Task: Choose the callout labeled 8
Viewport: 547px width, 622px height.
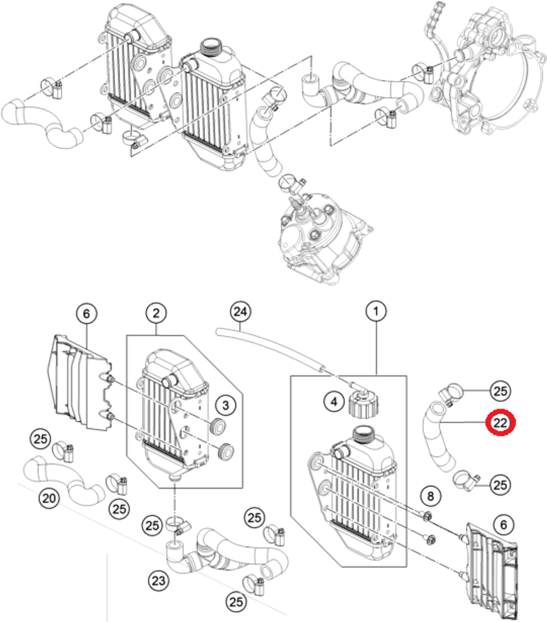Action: click(x=430, y=496)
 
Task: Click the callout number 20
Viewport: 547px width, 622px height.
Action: click(x=49, y=498)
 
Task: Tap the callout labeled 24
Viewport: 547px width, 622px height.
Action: click(x=241, y=312)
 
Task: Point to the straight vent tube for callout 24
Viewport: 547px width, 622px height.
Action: click(x=273, y=349)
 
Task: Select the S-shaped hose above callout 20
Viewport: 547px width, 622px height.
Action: click(x=63, y=478)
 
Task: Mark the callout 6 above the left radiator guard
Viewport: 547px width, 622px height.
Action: click(x=86, y=313)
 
